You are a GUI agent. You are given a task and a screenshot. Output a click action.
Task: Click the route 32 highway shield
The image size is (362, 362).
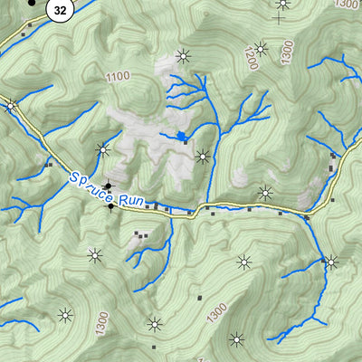pos(60,10)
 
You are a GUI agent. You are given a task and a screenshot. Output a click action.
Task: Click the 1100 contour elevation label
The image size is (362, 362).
pos(117,78)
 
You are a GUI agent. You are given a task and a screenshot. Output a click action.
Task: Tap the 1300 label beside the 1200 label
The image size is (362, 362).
pos(288,51)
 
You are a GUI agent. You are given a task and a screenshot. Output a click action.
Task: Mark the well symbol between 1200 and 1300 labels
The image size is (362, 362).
pos(262,49)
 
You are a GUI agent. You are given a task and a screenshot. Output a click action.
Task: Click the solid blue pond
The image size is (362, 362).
pos(182,137)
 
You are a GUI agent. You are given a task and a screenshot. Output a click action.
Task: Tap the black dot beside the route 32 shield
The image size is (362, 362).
pos(32,3)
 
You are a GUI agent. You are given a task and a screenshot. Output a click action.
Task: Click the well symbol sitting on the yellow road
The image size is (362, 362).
pos(11,107)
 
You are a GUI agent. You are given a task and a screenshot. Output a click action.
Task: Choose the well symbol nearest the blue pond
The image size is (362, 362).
pos(203,157)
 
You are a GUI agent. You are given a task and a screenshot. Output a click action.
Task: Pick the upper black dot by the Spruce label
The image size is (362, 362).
pos(110,186)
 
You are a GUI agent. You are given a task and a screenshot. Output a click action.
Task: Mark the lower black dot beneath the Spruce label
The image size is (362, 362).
pos(111,207)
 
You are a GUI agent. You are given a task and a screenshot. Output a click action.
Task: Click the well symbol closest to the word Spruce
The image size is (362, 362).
pos(102,149)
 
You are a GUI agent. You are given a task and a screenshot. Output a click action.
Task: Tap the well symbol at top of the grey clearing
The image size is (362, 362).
pos(184,56)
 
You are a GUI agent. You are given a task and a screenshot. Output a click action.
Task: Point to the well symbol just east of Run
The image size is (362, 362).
pos(264,192)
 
